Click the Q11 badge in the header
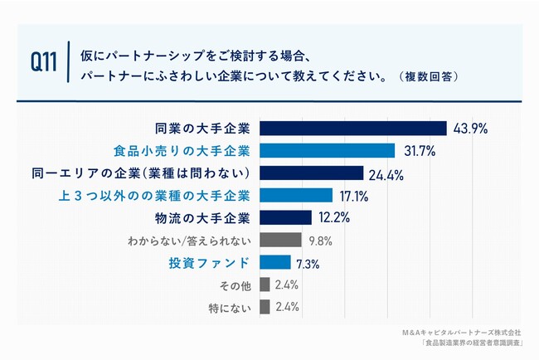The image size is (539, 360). (43, 62)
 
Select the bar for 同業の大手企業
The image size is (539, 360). (353, 129)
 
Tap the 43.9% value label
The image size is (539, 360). (469, 129)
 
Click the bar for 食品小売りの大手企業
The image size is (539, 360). (327, 151)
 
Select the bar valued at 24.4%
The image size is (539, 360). (312, 173)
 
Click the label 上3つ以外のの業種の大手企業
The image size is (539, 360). (180, 196)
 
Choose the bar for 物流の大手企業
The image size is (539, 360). (285, 218)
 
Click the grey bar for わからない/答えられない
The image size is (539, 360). (280, 241)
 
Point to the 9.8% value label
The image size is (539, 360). (319, 241)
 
